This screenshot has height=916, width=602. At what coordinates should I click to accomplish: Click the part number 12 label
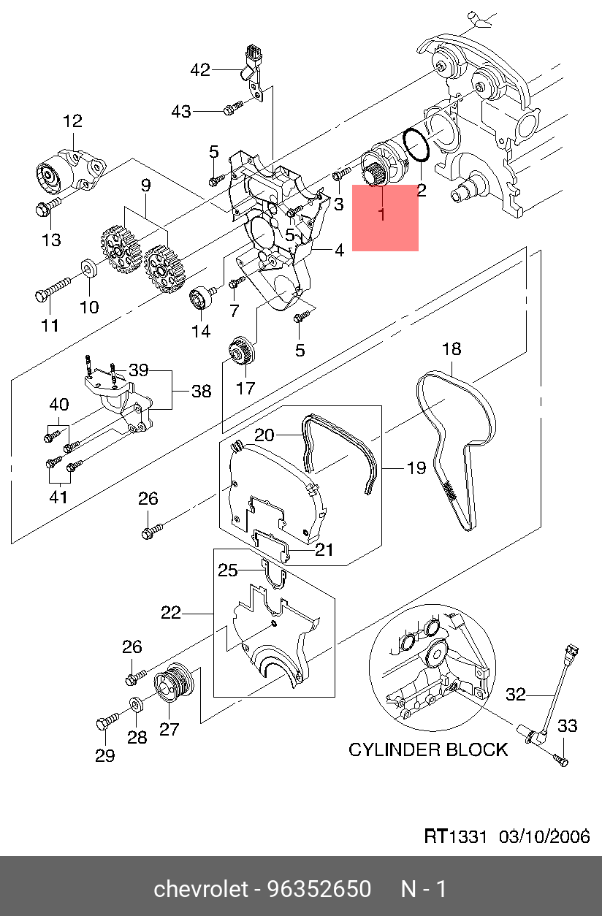point(72,121)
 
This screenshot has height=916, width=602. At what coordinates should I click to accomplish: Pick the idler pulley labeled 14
point(200,298)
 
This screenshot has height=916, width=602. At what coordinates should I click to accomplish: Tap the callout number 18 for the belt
point(451,349)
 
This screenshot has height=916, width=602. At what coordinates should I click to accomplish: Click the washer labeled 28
point(137,704)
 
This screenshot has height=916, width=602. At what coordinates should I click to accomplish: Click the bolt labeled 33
point(561,760)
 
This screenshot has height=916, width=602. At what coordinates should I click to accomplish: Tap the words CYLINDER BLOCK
point(427,749)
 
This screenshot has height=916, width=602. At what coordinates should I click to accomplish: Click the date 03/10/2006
point(544,836)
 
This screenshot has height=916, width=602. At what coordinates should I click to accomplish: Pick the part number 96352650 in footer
point(319,889)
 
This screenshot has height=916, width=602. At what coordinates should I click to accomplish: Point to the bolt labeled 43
point(231,110)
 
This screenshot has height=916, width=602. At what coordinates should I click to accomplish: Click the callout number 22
point(170,613)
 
